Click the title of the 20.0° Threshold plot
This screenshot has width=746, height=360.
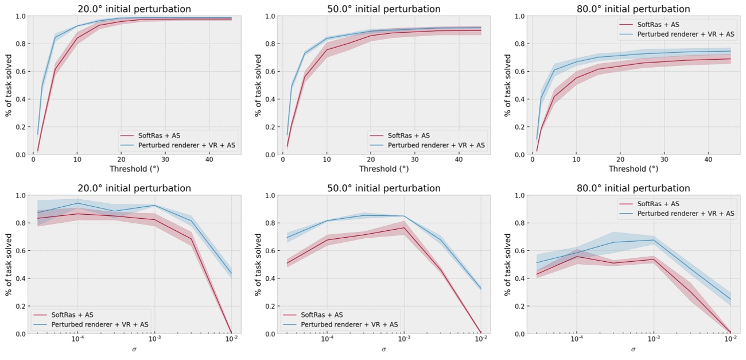(134, 9)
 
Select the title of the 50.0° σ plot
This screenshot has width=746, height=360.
(383, 188)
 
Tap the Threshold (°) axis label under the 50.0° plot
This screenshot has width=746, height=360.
(383, 169)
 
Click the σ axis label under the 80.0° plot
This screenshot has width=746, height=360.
(633, 349)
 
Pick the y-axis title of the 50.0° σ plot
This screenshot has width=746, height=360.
(258, 264)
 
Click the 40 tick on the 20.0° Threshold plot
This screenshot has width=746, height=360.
(209, 161)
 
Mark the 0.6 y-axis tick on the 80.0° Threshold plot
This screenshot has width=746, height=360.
(519, 71)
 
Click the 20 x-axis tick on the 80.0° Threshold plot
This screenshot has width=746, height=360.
(620, 161)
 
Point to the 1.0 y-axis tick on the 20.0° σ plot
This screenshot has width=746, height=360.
(21, 195)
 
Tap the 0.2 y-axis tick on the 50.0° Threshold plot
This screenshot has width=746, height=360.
(270, 127)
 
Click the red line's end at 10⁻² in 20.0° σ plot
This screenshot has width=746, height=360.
(231, 333)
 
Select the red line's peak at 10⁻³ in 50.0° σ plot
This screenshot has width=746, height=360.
(404, 227)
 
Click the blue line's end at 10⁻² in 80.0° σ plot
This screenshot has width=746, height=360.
(730, 298)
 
